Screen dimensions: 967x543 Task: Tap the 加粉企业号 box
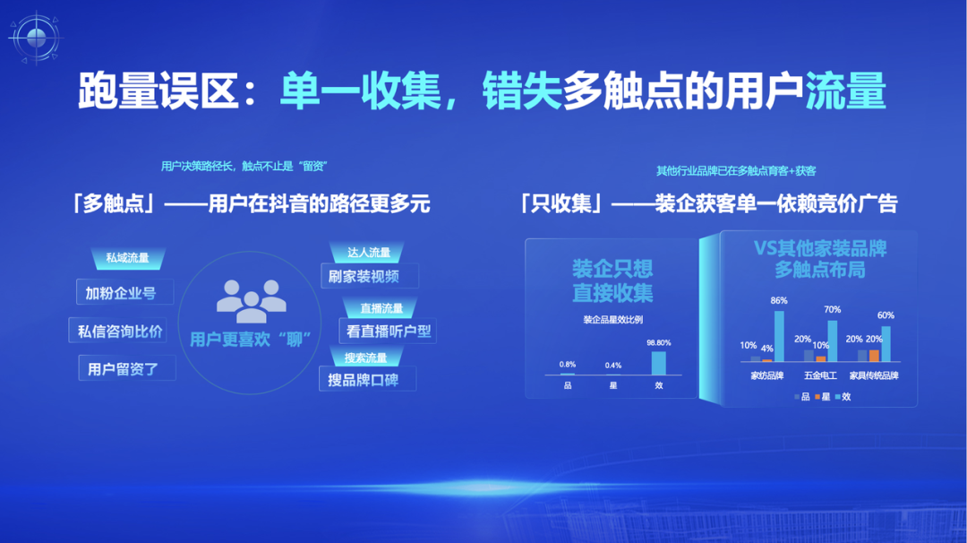(124, 292)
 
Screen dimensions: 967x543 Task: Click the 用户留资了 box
(126, 368)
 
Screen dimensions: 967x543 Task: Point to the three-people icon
(251, 301)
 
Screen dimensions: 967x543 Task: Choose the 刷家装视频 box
(370, 276)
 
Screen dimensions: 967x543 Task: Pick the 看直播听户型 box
(388, 331)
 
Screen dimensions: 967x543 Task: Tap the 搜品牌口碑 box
(368, 379)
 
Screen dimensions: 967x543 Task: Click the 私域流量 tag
(128, 258)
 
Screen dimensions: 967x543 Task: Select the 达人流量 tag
(368, 252)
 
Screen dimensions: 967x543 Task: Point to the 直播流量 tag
(381, 308)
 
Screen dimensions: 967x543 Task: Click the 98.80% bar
(659, 363)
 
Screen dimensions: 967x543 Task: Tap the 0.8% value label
(568, 364)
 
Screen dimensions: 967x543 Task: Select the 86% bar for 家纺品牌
(779, 336)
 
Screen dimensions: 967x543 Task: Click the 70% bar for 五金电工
(833, 341)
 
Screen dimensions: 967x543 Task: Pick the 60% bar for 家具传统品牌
(886, 344)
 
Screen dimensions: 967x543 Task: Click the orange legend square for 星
(817, 397)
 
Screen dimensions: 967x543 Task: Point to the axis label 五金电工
(820, 375)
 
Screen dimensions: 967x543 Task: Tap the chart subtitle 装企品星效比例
(612, 320)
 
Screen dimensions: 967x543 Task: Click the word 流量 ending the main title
(845, 91)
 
